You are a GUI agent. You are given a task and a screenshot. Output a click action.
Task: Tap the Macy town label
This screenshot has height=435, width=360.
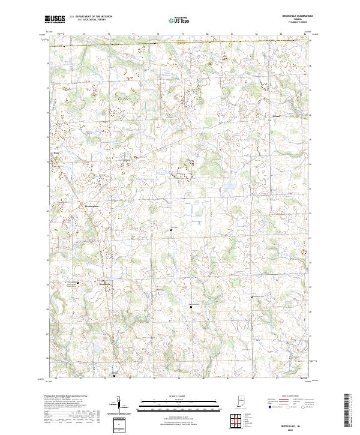52,152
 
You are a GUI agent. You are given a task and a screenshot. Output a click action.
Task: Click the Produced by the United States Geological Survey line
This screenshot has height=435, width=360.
67,397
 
